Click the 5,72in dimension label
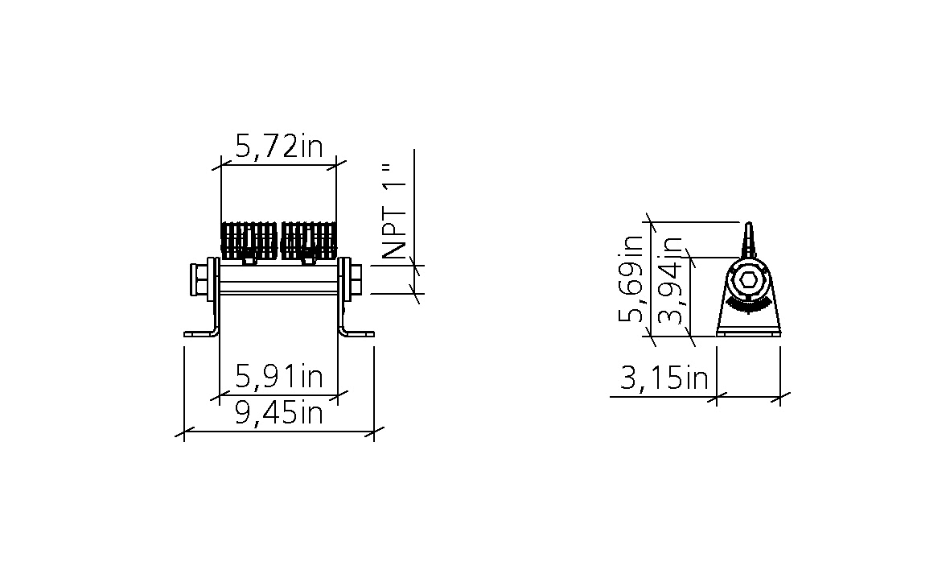click(x=279, y=147)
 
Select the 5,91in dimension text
click(x=279, y=377)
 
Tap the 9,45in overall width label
click(x=279, y=413)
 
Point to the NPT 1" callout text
click(x=394, y=210)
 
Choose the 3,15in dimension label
click(x=664, y=378)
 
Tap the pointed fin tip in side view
click(x=748, y=223)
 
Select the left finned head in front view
click(x=249, y=240)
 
